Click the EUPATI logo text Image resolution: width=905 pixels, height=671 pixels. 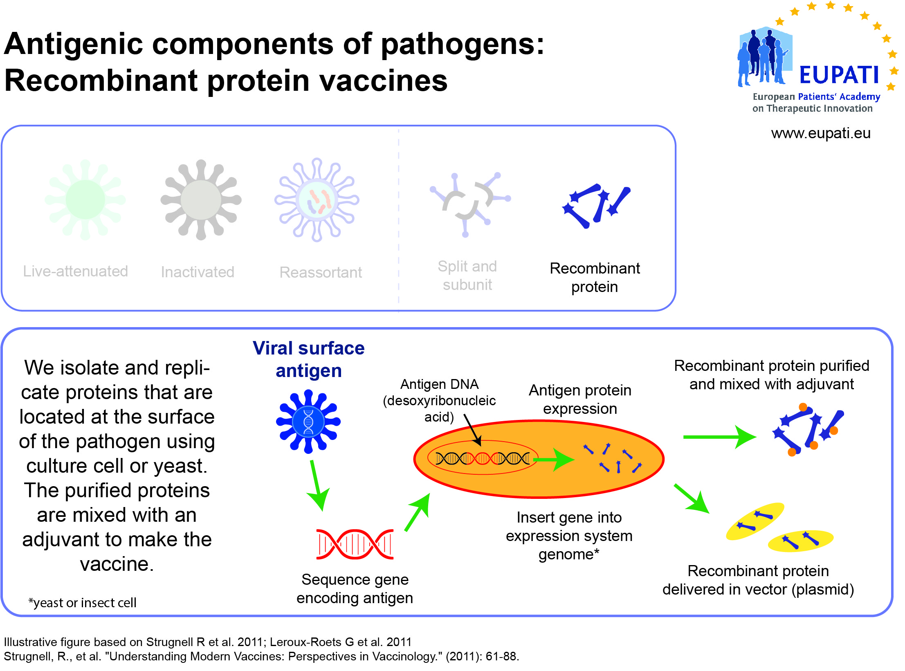point(839,75)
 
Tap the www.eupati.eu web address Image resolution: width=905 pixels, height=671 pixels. point(821,133)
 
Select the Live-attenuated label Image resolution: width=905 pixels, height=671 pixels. point(75,271)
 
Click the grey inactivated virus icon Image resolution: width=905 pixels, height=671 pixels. point(201,200)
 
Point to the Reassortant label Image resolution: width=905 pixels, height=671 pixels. point(321,272)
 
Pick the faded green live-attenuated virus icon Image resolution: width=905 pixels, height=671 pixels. point(85,200)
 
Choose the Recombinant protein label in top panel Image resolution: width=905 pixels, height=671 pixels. point(595,277)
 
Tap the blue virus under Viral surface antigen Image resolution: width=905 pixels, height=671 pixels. point(308,422)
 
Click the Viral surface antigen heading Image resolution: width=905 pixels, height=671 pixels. point(308,359)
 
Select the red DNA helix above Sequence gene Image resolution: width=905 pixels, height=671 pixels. point(355,544)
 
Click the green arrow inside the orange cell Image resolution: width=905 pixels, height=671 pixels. point(554,460)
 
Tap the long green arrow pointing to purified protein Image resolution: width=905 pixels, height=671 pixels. point(720,437)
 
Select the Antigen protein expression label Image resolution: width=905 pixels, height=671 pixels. point(580,399)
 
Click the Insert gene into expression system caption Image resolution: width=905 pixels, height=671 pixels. point(569,536)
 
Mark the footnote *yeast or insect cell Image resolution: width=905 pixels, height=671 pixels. point(82,603)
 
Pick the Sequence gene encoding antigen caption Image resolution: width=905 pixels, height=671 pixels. point(355,589)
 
